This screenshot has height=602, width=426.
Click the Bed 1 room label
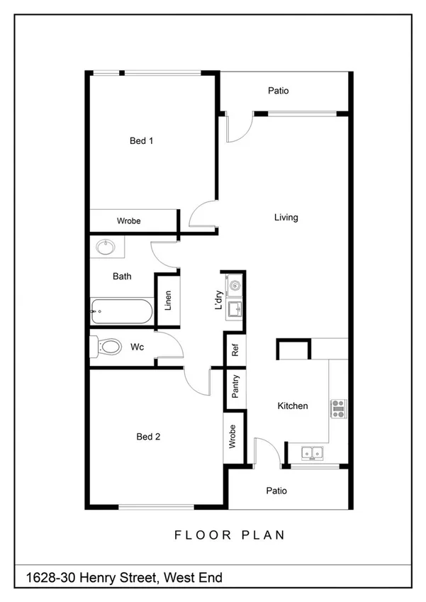[142, 141]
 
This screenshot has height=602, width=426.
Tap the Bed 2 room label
[148, 437]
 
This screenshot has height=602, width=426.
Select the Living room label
[286, 218]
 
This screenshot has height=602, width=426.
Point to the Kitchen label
[292, 406]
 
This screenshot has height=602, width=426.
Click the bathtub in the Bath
[120, 311]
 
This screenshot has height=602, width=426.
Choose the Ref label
[236, 350]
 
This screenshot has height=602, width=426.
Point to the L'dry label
[219, 301]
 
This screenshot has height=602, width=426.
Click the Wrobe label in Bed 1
[129, 221]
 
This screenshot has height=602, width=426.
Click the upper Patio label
[278, 91]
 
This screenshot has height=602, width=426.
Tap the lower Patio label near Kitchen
[276, 491]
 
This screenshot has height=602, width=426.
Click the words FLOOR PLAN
[230, 535]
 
